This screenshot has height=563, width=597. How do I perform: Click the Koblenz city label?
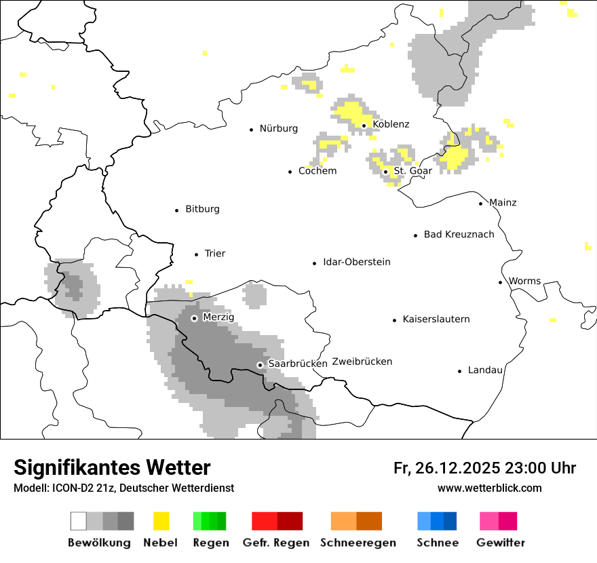(391, 124)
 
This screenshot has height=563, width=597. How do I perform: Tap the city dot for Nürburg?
(252, 129)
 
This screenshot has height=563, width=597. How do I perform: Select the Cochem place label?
(317, 171)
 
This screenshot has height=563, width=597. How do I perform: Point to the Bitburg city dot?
(177, 210)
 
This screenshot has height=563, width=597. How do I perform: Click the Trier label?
(214, 254)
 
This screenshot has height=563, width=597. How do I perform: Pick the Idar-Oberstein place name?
(356, 262)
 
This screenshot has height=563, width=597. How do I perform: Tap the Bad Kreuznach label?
(459, 235)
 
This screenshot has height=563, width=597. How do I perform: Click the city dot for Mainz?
(481, 203)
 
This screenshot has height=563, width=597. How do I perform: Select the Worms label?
(524, 281)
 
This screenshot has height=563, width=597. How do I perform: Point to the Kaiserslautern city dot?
(395, 319)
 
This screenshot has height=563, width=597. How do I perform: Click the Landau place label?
(485, 370)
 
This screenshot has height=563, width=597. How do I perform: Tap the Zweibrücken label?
(362, 362)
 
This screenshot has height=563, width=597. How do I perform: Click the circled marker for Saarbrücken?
(260, 365)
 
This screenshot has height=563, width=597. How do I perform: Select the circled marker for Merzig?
(194, 318)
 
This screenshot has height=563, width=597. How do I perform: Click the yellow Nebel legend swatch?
(161, 521)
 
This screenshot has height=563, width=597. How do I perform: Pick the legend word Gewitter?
(500, 543)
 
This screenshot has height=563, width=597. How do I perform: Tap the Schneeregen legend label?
(358, 543)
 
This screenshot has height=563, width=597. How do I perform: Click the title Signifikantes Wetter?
(112, 467)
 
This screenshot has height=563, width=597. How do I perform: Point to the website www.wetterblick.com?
(489, 488)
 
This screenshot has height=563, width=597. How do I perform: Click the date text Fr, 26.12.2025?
(446, 468)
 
